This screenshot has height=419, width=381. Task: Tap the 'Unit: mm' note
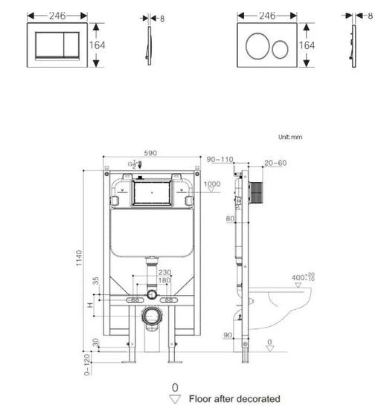point(290,137)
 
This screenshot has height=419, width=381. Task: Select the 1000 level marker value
point(213,184)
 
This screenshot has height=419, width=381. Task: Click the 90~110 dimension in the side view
point(220,159)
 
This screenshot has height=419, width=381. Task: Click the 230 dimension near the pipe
point(164,272)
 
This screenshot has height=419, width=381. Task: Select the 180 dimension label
point(164,280)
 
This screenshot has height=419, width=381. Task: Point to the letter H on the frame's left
point(90,305)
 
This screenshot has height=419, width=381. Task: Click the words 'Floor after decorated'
point(235,399)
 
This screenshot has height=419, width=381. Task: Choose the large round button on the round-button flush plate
point(257,45)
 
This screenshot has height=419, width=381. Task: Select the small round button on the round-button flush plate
point(281,49)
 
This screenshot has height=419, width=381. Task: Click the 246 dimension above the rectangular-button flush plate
point(58,15)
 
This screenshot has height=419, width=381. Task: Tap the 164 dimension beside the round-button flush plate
point(307,45)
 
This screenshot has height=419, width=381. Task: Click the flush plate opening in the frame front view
point(152,195)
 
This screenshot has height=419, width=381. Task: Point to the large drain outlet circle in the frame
point(152,316)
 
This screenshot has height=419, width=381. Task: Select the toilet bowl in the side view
point(286,307)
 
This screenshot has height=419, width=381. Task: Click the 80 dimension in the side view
point(231,219)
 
